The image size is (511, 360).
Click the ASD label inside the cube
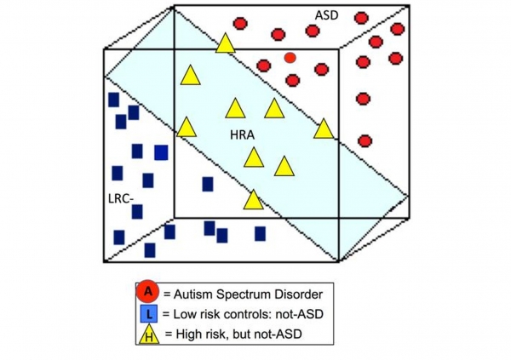click(326, 15)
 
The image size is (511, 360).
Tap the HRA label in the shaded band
click(242, 134)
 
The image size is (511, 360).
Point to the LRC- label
click(121, 199)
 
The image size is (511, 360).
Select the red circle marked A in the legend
click(148, 292)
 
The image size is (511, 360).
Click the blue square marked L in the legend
click(149, 314)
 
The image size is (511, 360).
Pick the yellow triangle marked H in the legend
click(149, 334)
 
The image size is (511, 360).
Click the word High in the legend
click(187, 334)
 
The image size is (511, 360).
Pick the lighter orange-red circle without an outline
click(290, 58)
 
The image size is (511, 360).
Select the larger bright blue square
click(161, 152)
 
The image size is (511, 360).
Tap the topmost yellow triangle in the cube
click(226, 43)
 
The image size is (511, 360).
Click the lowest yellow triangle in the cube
click(253, 200)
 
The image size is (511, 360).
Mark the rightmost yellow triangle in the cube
click(324, 129)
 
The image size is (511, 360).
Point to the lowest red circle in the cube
click(365, 141)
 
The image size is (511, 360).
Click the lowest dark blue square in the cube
click(150, 250)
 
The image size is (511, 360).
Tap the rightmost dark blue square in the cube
click(260, 233)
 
